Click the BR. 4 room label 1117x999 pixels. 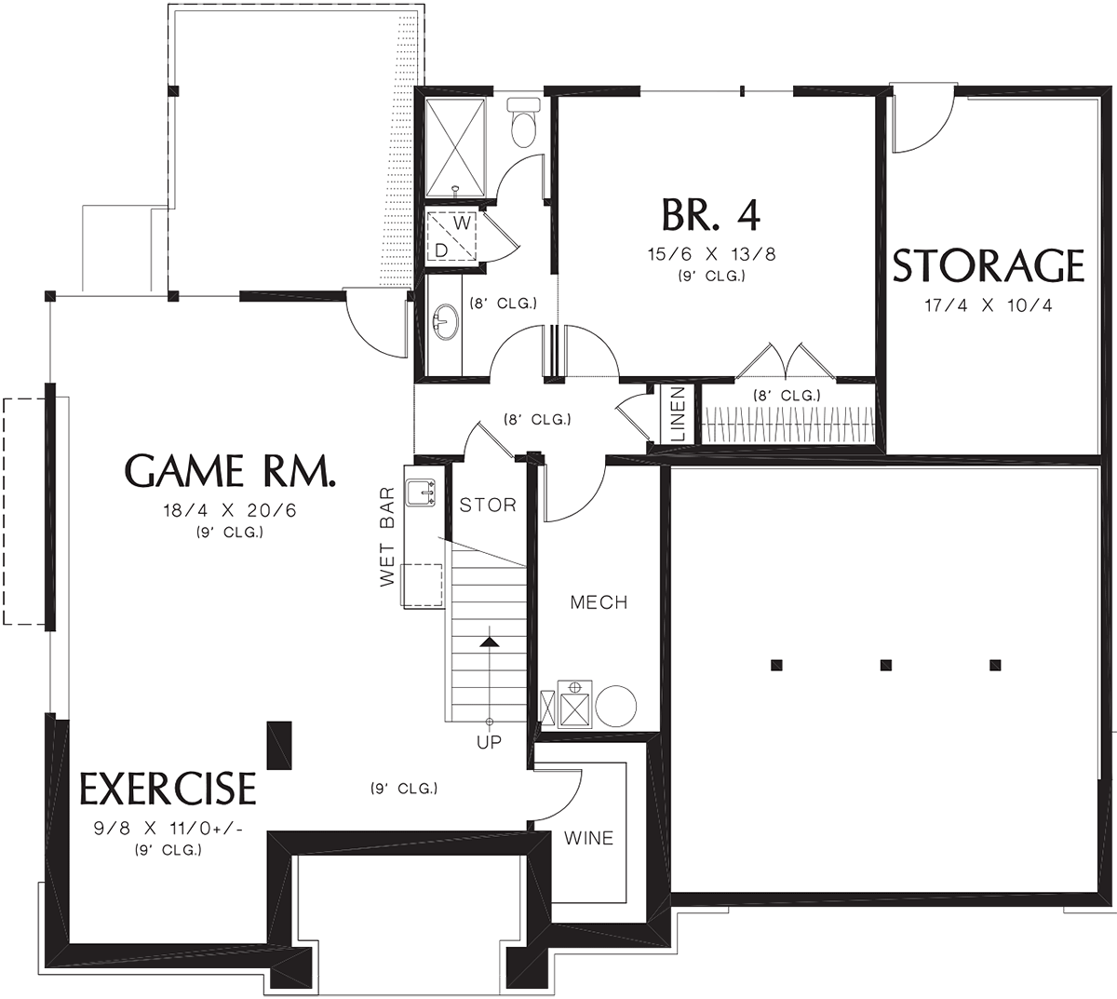710,215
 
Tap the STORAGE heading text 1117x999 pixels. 988,266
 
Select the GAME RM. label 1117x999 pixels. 230,470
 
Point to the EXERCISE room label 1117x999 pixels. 168,789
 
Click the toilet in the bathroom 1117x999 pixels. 523,123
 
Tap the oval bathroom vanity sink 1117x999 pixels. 446,322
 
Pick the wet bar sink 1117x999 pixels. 422,493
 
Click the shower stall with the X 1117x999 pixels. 456,147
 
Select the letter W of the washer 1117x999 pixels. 463,223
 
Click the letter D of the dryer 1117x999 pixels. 441,251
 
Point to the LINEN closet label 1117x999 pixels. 679,413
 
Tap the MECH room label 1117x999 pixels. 599,602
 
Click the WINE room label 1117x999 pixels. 588,839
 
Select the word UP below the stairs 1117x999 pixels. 489,742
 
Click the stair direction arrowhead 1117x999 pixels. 489,642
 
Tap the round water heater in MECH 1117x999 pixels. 616,706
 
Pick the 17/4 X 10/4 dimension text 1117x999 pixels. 988,305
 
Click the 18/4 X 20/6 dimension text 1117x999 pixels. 230,510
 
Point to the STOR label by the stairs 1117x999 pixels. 488,505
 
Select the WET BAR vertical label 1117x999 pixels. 388,536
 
